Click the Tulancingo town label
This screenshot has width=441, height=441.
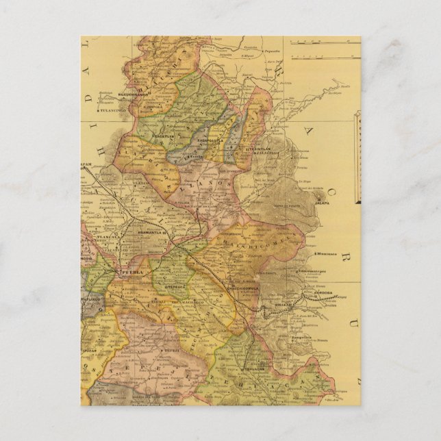coord(109,109)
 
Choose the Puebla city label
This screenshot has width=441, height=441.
coord(130,273)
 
